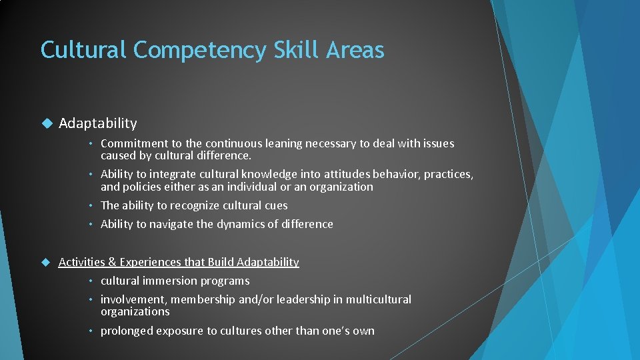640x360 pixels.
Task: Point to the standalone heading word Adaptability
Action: [98, 123]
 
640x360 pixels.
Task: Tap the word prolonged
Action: [127, 331]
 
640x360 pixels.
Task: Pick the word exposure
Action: [178, 331]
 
